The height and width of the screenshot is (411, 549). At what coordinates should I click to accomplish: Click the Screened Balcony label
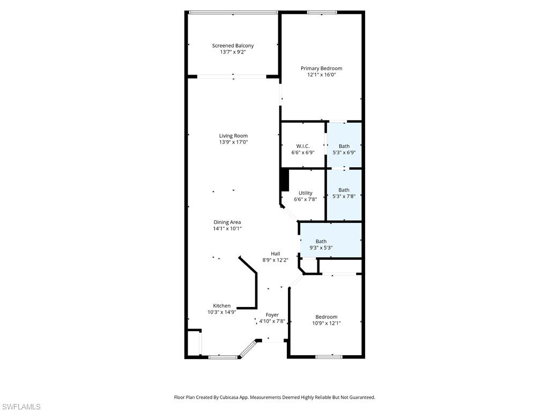pyautogui.click(x=233, y=46)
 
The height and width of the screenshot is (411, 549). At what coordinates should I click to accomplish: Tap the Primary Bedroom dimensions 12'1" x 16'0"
pyautogui.click(x=321, y=75)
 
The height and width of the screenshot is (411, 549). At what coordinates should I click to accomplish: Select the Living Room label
pyautogui.click(x=233, y=136)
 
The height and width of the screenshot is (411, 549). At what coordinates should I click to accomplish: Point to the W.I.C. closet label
pyautogui.click(x=303, y=146)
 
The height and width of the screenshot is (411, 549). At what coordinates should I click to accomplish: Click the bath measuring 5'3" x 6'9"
pyautogui.click(x=344, y=149)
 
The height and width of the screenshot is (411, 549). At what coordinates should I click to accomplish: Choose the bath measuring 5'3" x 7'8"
pyautogui.click(x=344, y=193)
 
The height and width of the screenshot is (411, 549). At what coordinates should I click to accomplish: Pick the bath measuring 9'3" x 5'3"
pyautogui.click(x=321, y=244)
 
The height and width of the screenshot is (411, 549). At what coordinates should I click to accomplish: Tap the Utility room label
pyautogui.click(x=305, y=193)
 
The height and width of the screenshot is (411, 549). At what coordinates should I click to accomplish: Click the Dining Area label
pyautogui.click(x=227, y=222)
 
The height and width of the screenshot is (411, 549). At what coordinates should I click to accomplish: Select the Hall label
pyautogui.click(x=275, y=253)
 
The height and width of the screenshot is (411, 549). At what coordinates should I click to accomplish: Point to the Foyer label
pyautogui.click(x=272, y=315)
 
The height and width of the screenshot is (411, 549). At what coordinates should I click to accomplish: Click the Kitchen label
pyautogui.click(x=221, y=305)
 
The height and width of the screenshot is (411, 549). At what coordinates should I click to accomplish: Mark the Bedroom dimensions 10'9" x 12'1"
pyautogui.click(x=326, y=323)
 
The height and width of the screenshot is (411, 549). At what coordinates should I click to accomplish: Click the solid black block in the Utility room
pyautogui.click(x=285, y=180)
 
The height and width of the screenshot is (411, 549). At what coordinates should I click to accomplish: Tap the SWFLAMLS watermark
pyautogui.click(x=20, y=407)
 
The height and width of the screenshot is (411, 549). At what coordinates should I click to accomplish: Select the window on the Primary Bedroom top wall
pyautogui.click(x=322, y=12)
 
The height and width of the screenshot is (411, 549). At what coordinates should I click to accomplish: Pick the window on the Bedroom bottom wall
pyautogui.click(x=329, y=356)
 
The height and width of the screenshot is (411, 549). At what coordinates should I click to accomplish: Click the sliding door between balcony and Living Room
pyautogui.click(x=233, y=77)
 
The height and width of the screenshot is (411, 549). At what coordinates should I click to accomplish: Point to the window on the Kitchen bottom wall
pyautogui.click(x=222, y=356)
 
